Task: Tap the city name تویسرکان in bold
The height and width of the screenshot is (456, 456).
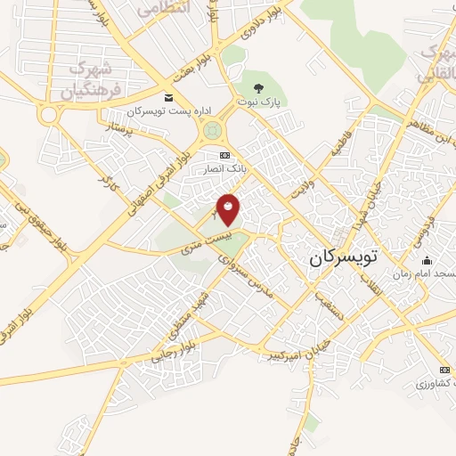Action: (344, 257)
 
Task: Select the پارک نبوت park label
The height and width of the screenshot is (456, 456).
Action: (259, 102)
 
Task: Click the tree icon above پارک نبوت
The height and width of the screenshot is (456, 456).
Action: (259, 87)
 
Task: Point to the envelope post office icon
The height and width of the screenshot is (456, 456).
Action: (169, 96)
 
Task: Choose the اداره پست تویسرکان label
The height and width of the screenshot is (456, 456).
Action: (170, 110)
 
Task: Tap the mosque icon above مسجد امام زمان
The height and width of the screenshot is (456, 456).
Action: (427, 260)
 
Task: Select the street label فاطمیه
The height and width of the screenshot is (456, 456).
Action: (342, 142)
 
